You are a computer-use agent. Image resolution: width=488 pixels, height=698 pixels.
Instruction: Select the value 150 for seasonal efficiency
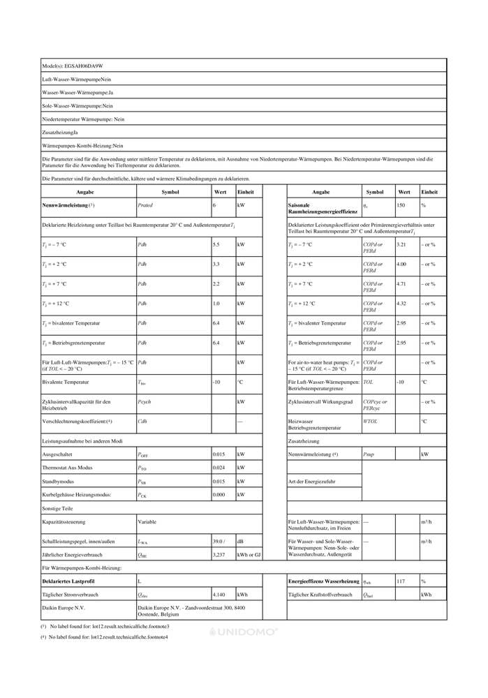(x=401, y=205)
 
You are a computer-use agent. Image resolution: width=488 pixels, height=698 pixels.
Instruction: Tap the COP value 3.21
(x=401, y=244)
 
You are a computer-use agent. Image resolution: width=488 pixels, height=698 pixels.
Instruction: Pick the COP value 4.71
(x=401, y=284)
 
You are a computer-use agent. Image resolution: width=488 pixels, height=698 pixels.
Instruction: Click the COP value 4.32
(x=401, y=304)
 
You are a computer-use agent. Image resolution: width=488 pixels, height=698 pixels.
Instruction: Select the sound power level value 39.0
(x=219, y=541)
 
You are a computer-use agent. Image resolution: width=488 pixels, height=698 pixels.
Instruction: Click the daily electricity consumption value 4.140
(x=219, y=594)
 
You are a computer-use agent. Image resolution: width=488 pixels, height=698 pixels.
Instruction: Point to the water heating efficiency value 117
(x=401, y=581)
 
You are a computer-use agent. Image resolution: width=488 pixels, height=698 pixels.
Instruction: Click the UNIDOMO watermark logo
(x=244, y=632)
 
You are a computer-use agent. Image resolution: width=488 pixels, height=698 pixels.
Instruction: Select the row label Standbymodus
(x=60, y=481)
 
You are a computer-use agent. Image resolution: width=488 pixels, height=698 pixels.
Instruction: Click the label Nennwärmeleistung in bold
(x=65, y=205)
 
